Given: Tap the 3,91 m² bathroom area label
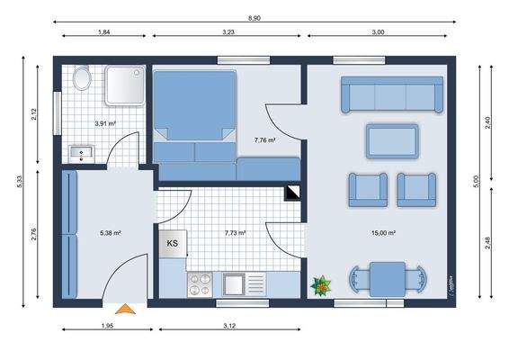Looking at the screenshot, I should click(106, 123).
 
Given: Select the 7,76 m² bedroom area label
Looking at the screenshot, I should click(264, 140).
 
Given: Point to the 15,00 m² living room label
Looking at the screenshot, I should click(384, 233).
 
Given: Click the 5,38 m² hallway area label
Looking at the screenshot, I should click(111, 233).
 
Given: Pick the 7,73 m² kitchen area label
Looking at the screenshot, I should click(236, 233).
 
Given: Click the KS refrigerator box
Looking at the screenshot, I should click(172, 243).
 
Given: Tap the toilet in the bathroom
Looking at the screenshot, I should click(82, 79).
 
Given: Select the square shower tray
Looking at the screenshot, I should click(124, 87).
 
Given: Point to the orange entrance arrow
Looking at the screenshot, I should click(128, 309).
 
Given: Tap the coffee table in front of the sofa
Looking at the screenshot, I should click(391, 140).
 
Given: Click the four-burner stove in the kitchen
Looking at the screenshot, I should click(198, 284).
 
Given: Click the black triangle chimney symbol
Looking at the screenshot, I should click(292, 193).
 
